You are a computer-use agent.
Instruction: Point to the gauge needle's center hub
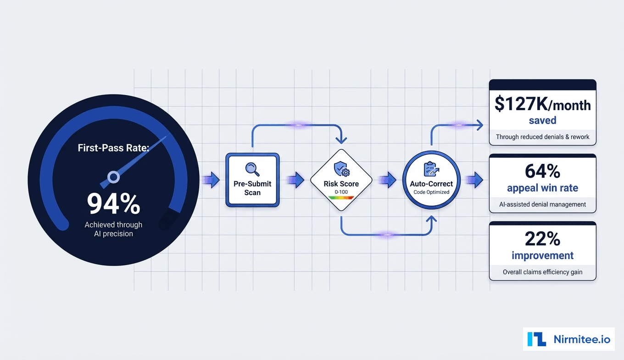coord(113,177)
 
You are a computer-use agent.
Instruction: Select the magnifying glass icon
coord(252,169)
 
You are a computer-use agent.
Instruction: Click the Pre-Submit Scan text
coord(252,188)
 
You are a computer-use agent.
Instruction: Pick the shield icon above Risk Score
coord(341,169)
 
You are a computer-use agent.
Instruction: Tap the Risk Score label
coord(341,184)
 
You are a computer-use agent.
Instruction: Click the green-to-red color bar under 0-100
coord(341,198)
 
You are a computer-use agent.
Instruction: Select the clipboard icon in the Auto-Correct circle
coord(431,169)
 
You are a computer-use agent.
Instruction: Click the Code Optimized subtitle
coord(431,192)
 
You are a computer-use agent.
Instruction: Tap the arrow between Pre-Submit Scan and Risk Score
coord(296,180)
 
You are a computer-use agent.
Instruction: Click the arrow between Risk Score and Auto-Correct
coord(388,180)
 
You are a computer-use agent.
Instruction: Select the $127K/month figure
coord(542,105)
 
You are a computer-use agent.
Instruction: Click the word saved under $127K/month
coord(542,120)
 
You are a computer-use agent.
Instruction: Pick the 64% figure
coord(542,171)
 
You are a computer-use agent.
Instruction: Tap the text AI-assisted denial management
coord(542,204)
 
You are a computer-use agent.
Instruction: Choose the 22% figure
coord(542,239)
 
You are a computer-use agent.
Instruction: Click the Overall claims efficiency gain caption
coord(542,272)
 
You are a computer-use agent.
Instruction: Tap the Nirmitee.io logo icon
coord(536,339)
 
